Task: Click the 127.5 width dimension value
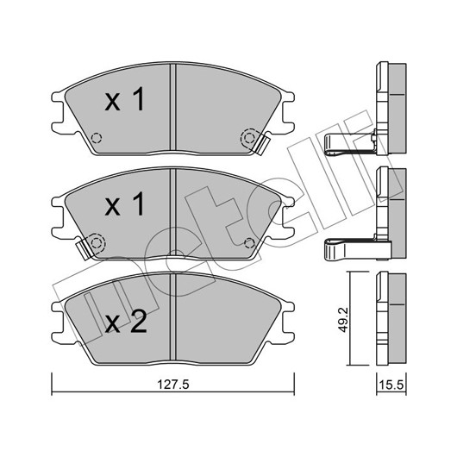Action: click(x=173, y=385)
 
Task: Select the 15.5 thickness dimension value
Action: click(x=391, y=385)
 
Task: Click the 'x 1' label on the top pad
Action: click(x=125, y=99)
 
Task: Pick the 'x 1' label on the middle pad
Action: click(x=125, y=203)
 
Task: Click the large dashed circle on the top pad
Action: click(x=248, y=138)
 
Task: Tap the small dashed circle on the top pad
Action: click(x=97, y=138)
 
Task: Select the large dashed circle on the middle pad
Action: click(x=97, y=242)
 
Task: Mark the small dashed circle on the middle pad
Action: click(x=249, y=242)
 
